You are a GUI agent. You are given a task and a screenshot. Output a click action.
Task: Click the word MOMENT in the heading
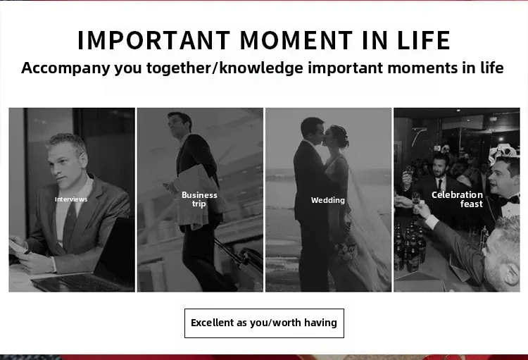(296, 40)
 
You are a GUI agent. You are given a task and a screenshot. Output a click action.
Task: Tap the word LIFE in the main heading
(424, 40)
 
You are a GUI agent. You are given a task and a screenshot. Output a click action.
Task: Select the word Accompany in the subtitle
(65, 68)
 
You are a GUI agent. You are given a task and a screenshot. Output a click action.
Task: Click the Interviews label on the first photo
(71, 199)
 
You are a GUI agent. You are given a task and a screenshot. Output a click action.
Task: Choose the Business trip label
(199, 199)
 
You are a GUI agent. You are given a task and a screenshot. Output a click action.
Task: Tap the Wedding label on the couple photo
(328, 200)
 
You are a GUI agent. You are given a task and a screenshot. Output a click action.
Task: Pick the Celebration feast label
(458, 199)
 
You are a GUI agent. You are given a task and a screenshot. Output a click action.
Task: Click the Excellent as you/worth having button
(264, 323)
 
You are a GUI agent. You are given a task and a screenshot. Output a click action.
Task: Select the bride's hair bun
(344, 141)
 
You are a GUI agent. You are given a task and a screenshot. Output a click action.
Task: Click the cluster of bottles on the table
(409, 248)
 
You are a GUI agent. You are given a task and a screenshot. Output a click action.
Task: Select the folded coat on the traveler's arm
(197, 196)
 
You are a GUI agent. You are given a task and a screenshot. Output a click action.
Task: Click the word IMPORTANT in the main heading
(154, 40)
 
